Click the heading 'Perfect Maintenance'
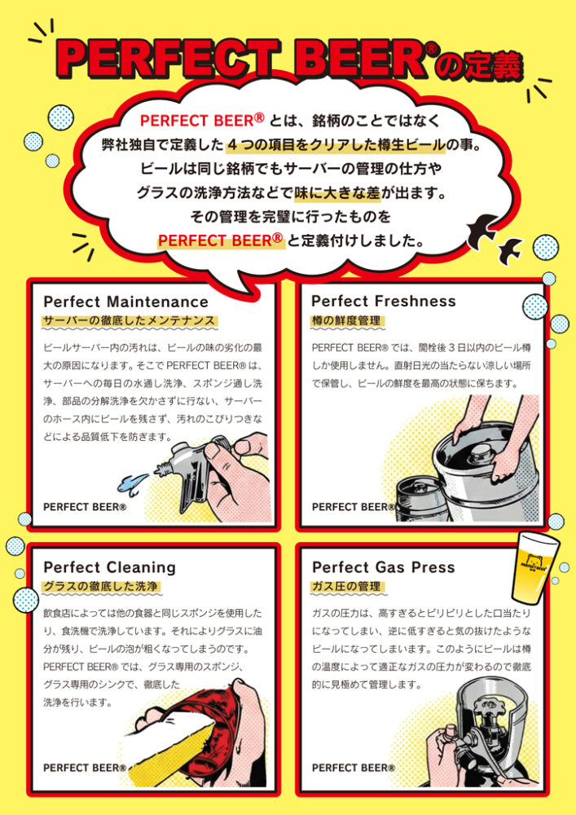[x=125, y=302]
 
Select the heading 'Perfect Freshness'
[x=383, y=301]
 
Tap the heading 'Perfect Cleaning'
[x=110, y=567]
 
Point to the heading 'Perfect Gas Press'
[x=383, y=567]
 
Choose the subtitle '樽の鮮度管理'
[x=346, y=320]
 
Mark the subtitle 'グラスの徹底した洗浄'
[x=100, y=586]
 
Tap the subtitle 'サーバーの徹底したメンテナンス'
[x=129, y=320]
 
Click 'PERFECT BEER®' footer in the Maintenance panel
[x=85, y=507]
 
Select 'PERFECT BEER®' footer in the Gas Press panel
[x=354, y=768]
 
